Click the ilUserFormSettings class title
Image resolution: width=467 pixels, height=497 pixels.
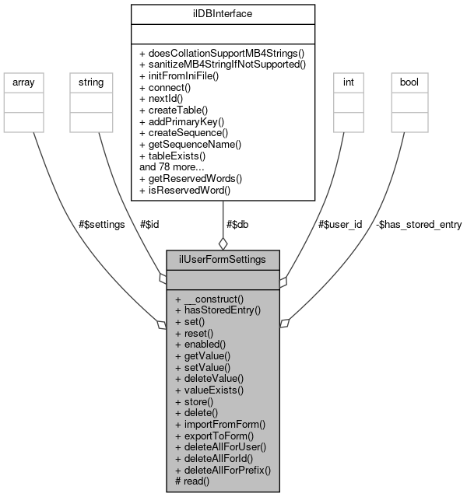click(223, 259)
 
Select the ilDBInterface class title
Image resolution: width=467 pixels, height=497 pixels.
click(223, 13)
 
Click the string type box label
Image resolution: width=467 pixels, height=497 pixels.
click(87, 80)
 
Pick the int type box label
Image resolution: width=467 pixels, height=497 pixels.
click(346, 80)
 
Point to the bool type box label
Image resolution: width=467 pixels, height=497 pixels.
click(409, 80)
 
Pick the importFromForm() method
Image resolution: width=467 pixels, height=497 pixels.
click(221, 425)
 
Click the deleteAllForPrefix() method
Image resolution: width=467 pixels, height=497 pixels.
click(223, 471)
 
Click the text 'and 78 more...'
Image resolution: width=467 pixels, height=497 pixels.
click(173, 166)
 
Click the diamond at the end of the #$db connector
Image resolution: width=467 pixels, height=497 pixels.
click(223, 243)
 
